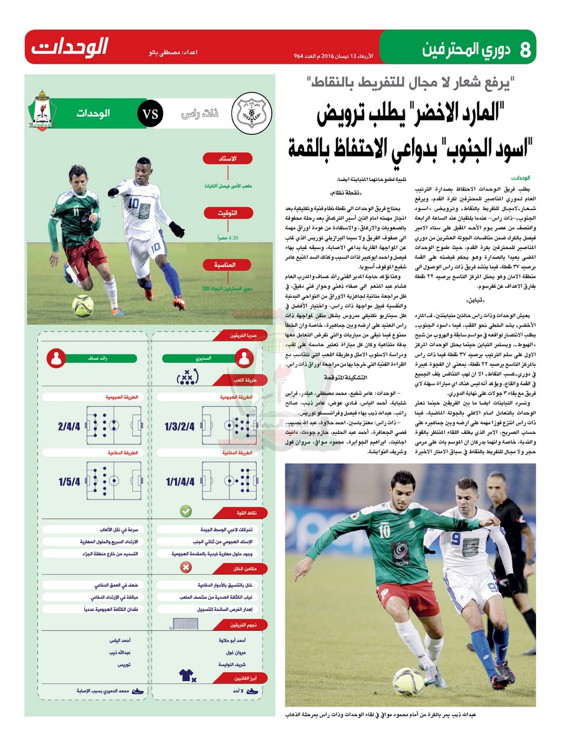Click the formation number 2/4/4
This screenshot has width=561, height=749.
coord(69,426)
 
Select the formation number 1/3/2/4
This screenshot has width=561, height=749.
coord(180,426)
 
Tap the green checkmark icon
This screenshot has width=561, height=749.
coord(186,512)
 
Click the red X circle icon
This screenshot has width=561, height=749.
coord(186,567)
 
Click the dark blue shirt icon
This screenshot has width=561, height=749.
coord(186,674)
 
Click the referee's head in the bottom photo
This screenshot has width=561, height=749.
coord(497,481)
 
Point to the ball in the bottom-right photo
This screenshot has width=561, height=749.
coord(409,682)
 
